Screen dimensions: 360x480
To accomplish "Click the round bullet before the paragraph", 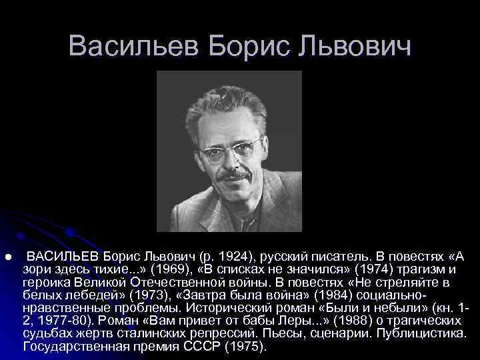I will click(8, 257).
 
